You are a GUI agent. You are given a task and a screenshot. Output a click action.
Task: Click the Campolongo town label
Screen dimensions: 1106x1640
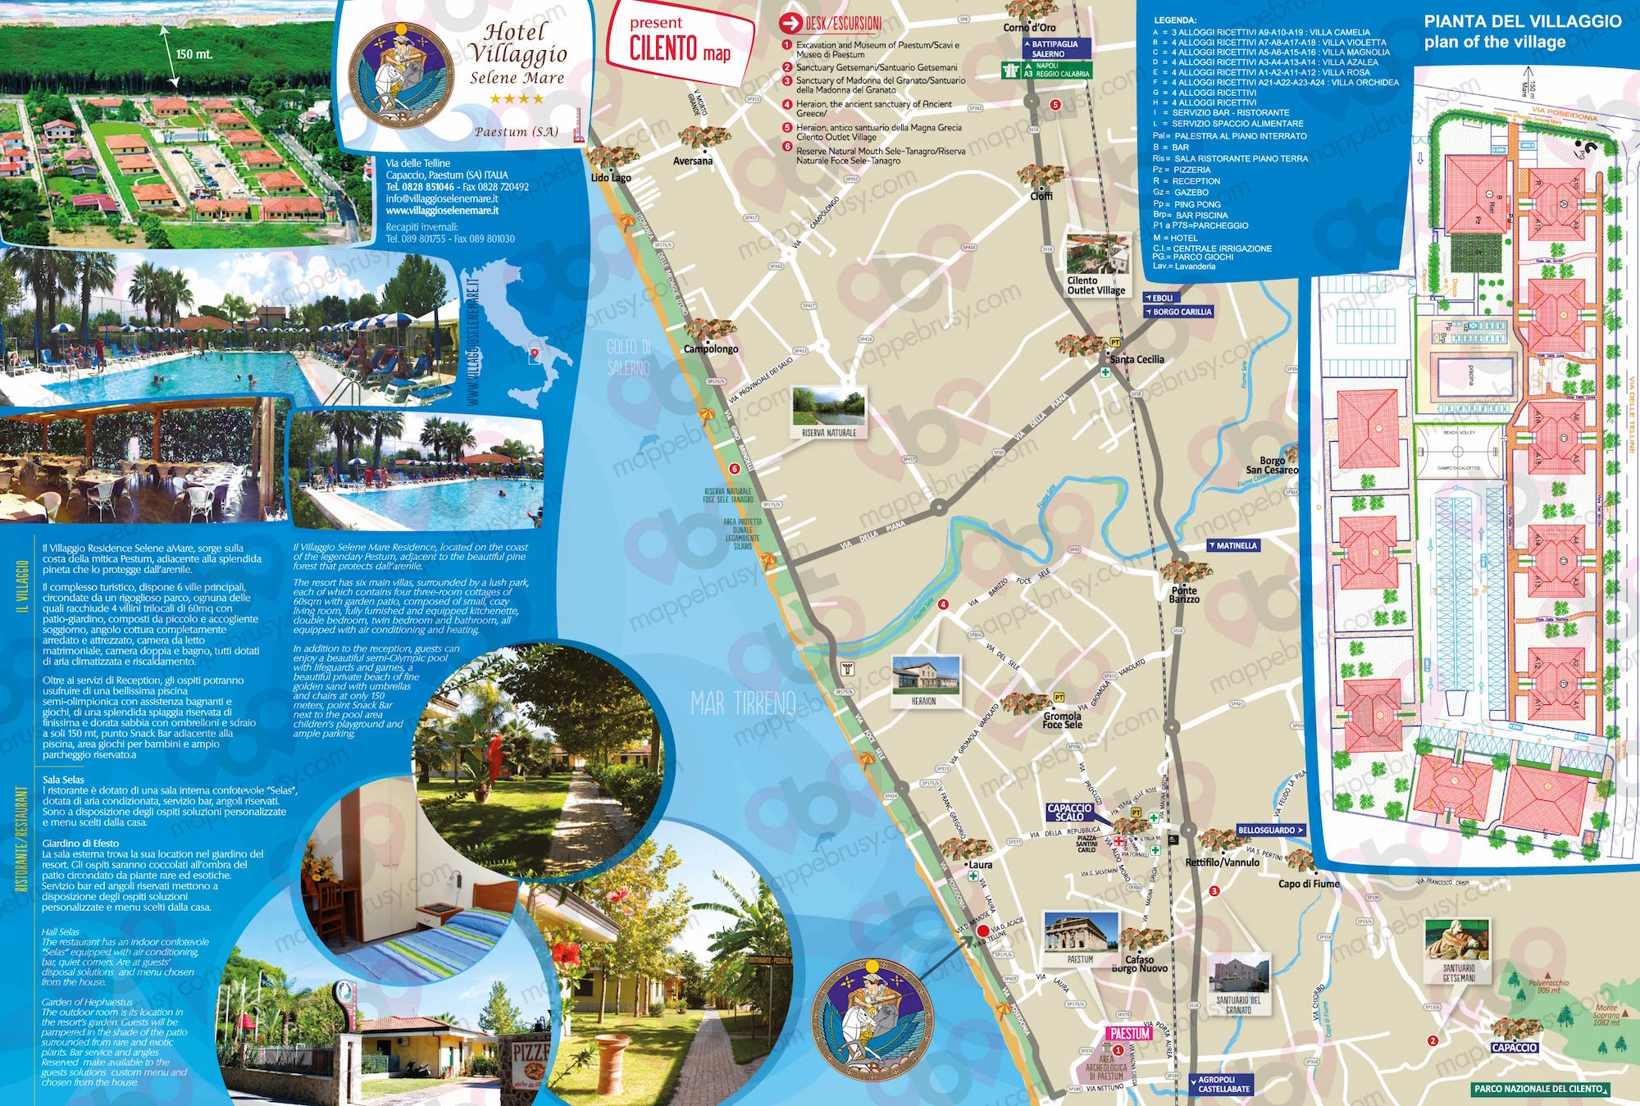[x=710, y=348]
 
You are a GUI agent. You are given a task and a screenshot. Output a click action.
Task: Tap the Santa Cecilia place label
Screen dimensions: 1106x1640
[x=1137, y=359]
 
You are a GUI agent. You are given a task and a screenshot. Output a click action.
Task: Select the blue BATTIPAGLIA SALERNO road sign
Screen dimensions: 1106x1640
[x=1056, y=48]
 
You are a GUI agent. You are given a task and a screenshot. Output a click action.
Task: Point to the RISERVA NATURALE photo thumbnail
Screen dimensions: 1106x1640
[x=828, y=407]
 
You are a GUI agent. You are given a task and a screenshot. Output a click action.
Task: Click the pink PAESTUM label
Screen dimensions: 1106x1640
[x=1130, y=1034]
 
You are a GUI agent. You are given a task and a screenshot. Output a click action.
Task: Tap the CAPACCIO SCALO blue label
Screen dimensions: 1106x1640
[x=1069, y=812]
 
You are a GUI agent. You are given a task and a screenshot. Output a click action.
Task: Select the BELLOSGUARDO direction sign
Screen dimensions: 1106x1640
[x=1270, y=831]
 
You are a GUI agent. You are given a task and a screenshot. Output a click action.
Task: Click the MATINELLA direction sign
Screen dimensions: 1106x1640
[x=1233, y=546]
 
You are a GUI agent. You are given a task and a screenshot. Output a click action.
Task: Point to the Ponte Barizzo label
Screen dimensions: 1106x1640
[x=1184, y=594]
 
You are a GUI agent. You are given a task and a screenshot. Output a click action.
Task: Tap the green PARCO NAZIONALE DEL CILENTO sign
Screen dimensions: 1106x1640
[x=1540, y=1089]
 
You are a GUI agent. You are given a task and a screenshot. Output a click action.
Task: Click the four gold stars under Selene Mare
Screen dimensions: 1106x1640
[x=517, y=99]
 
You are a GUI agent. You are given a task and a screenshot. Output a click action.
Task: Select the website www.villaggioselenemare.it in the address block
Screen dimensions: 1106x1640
[x=442, y=211]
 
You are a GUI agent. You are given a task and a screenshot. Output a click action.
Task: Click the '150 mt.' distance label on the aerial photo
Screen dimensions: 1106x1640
[x=194, y=54]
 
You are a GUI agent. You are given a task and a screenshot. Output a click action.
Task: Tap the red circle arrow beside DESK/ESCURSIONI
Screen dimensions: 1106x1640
[x=790, y=24]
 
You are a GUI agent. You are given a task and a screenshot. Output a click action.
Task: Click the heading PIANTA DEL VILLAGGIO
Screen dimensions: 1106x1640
[x=1523, y=22]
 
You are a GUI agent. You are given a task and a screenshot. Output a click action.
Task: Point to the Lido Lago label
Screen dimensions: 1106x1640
[x=611, y=178]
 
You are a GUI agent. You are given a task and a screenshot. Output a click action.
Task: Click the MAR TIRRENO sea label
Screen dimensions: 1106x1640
[x=743, y=703]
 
